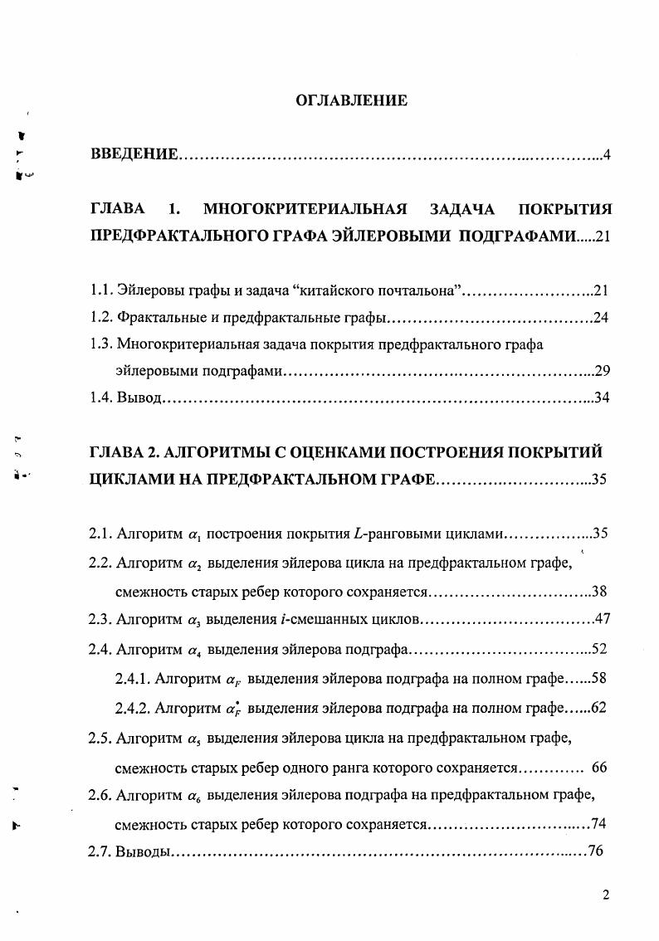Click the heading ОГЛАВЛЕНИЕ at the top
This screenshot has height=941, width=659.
(352, 101)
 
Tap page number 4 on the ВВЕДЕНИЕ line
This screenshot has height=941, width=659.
(608, 155)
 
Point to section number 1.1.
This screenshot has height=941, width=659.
(100, 290)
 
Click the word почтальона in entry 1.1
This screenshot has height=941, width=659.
(416, 290)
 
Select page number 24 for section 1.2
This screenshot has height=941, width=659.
(602, 317)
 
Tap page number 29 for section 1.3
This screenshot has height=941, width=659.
(602, 370)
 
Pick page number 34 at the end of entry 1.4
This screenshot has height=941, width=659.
(602, 397)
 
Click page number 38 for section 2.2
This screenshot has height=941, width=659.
(600, 592)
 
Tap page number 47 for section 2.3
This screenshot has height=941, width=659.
(602, 620)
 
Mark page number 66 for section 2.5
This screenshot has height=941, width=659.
(600, 768)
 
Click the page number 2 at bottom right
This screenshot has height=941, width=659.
(606, 895)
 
